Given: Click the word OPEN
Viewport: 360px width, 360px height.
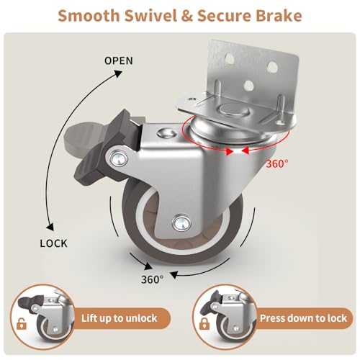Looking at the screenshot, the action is [x=119, y=60].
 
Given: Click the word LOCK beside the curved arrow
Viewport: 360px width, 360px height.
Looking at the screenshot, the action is [x=54, y=243].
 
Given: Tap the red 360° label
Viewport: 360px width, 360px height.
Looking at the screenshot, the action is [x=277, y=164].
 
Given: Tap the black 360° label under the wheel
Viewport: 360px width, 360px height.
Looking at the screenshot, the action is [x=153, y=279].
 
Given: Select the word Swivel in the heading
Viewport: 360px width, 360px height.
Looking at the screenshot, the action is [x=150, y=16].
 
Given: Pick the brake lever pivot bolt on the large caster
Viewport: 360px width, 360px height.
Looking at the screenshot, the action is [x=119, y=158].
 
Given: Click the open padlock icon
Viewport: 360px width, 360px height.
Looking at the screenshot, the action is [x=22, y=323].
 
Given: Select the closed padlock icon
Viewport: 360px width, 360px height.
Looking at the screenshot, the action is [x=204, y=323].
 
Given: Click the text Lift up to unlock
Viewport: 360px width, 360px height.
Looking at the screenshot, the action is [x=119, y=318].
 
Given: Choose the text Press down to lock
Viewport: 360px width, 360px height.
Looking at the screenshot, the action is [x=303, y=318].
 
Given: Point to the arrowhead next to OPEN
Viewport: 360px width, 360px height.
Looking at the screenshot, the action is [x=118, y=73].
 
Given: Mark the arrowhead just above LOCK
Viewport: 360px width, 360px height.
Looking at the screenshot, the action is [x=50, y=228].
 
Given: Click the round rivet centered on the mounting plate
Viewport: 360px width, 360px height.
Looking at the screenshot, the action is [x=233, y=110].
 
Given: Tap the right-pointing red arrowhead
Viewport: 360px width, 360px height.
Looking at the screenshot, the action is [x=230, y=151].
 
